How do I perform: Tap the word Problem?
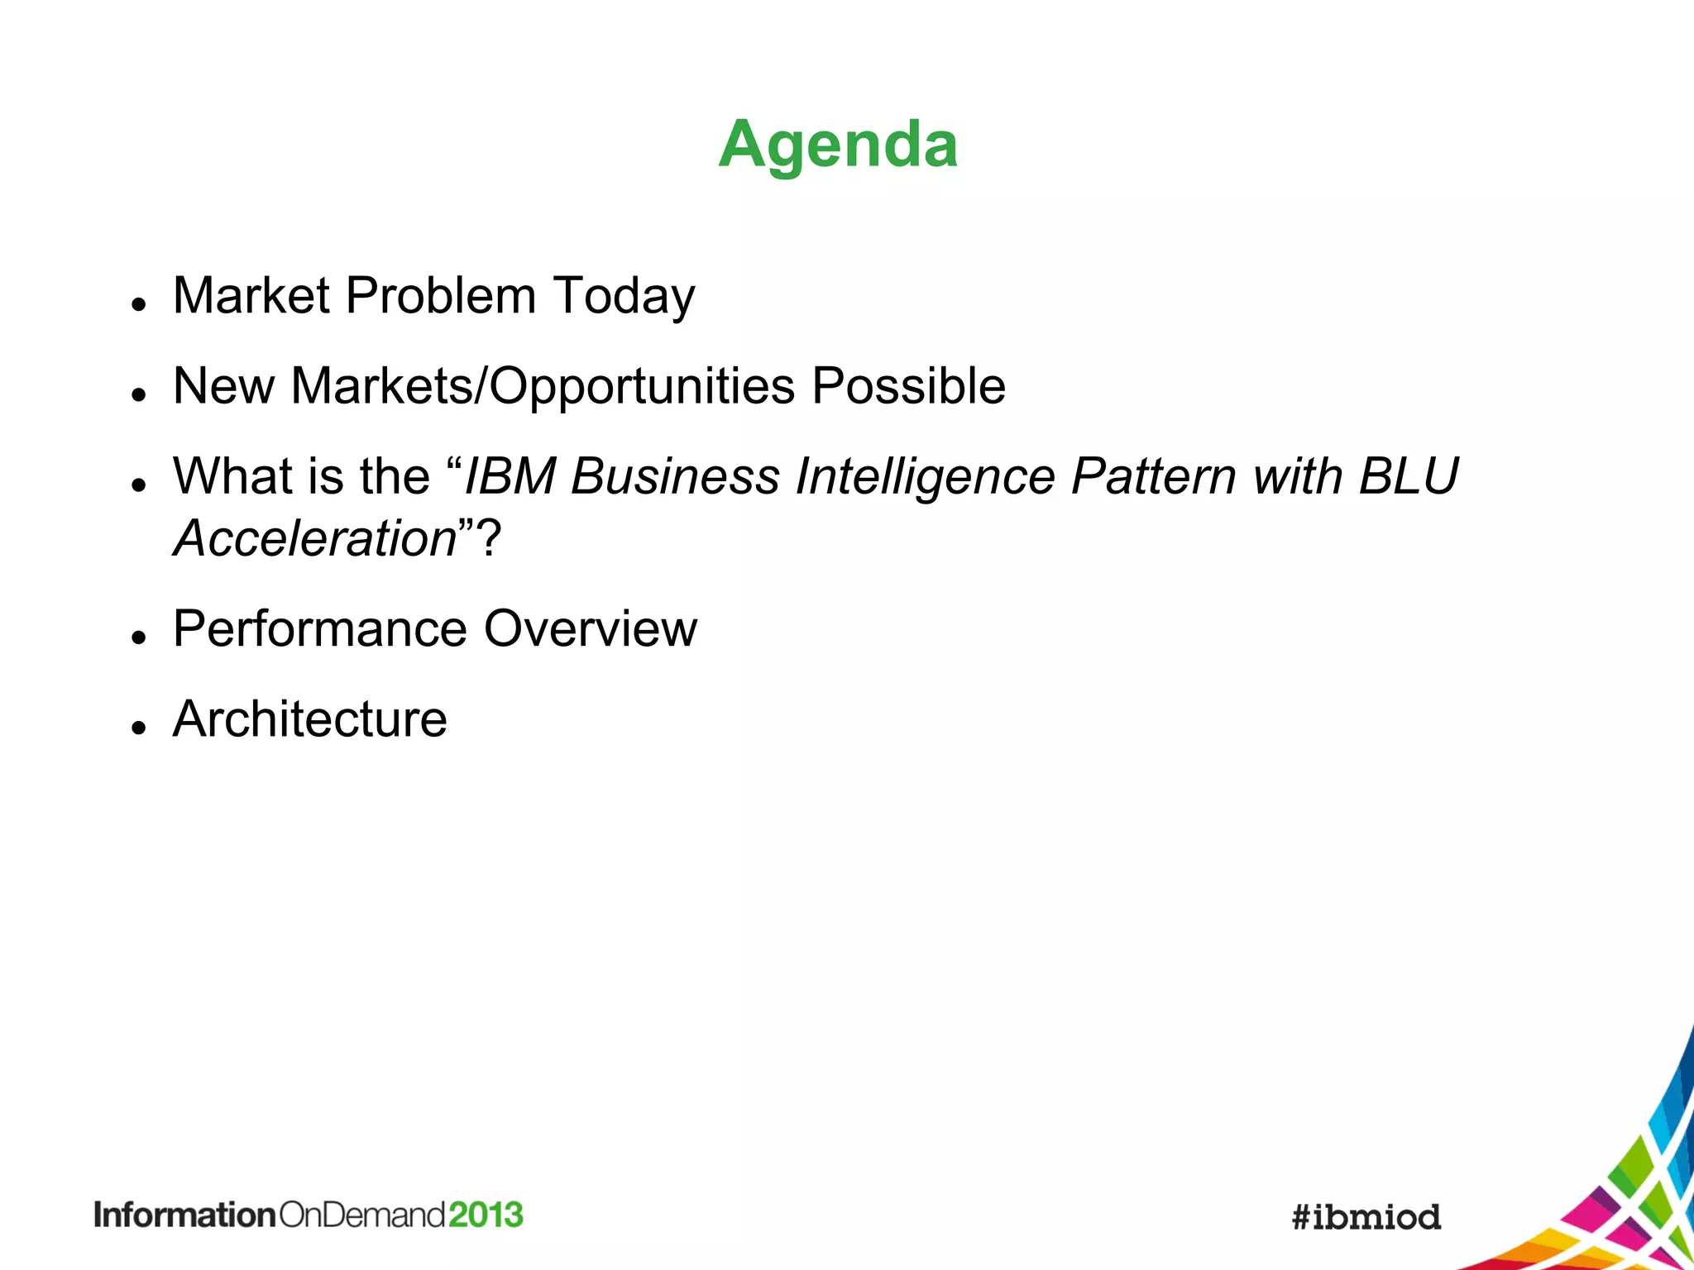tap(440, 295)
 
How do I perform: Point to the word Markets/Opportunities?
tap(543, 387)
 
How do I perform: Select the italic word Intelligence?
tap(925, 478)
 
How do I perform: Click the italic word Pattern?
tap(1153, 477)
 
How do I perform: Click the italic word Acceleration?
tap(315, 538)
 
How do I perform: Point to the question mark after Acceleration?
tap(490, 538)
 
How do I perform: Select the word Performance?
tap(320, 628)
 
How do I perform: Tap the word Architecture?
tap(310, 719)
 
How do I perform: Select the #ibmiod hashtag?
tap(1366, 1217)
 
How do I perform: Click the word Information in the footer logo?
tap(184, 1215)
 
